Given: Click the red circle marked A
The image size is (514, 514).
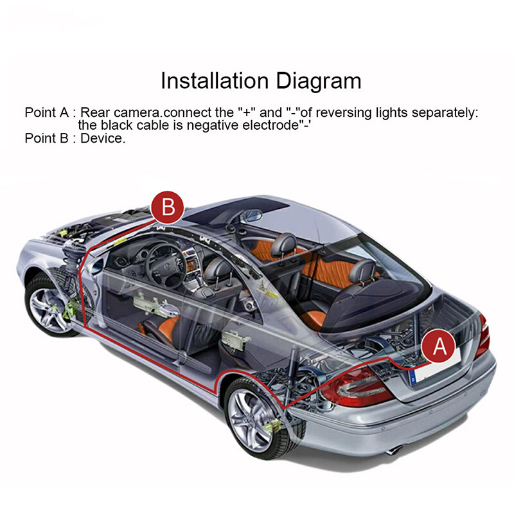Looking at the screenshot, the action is pyautogui.click(x=439, y=346).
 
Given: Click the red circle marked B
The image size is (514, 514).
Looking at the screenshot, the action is pyautogui.click(x=168, y=208).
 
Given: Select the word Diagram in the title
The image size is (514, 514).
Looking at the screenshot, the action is pyautogui.click(x=319, y=81).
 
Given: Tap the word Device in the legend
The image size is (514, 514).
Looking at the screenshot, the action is pyautogui.click(x=103, y=138).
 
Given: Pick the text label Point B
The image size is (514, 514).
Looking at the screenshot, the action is pyautogui.click(x=46, y=138).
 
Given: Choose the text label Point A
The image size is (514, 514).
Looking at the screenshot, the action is pyautogui.click(x=46, y=112).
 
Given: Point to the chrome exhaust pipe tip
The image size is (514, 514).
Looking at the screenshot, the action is pyautogui.click(x=394, y=450).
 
